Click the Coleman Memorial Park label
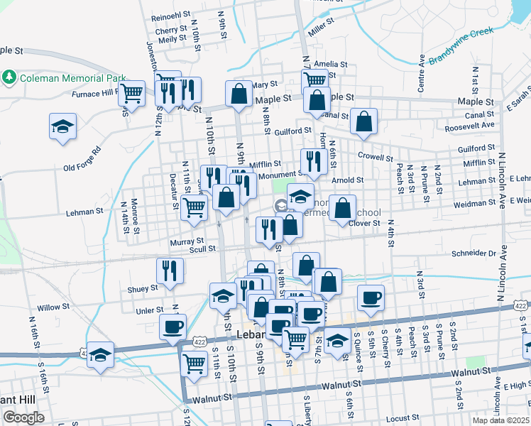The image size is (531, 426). click(72, 78)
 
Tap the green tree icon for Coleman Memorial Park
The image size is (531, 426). click(10, 76)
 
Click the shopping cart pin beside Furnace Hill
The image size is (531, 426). click(131, 92)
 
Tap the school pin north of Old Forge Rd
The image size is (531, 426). click(62, 126)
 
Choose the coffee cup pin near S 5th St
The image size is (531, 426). click(370, 297)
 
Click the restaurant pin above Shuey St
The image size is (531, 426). click(170, 271)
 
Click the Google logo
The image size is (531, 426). click(23, 417)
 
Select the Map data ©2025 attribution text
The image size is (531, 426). click(501, 421)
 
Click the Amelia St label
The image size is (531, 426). click(330, 64)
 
